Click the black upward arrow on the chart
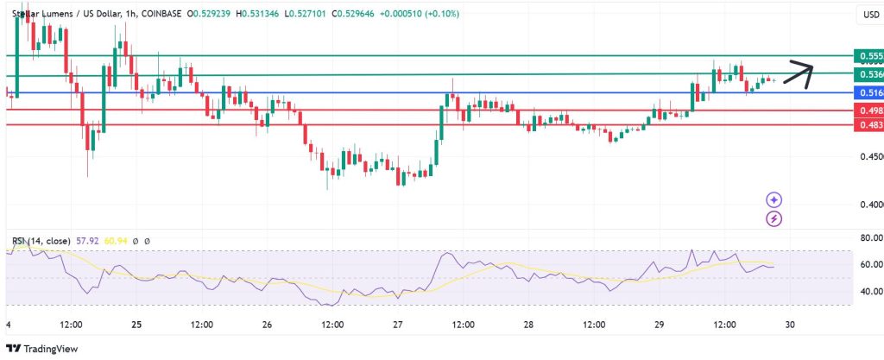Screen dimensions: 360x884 [x=798, y=74]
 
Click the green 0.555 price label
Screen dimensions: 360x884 [x=868, y=56]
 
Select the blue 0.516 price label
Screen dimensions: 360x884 [x=868, y=92]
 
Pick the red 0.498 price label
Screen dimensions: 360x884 [x=868, y=111]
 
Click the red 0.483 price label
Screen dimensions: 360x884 [x=868, y=125]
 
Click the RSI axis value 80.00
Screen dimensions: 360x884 [x=867, y=237]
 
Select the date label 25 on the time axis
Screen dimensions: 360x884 [x=137, y=325]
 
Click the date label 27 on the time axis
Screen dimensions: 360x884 [x=398, y=325]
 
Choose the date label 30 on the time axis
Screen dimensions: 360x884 [x=790, y=325]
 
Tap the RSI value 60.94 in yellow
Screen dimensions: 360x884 [x=114, y=240]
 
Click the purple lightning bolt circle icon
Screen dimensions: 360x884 [x=774, y=219]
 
